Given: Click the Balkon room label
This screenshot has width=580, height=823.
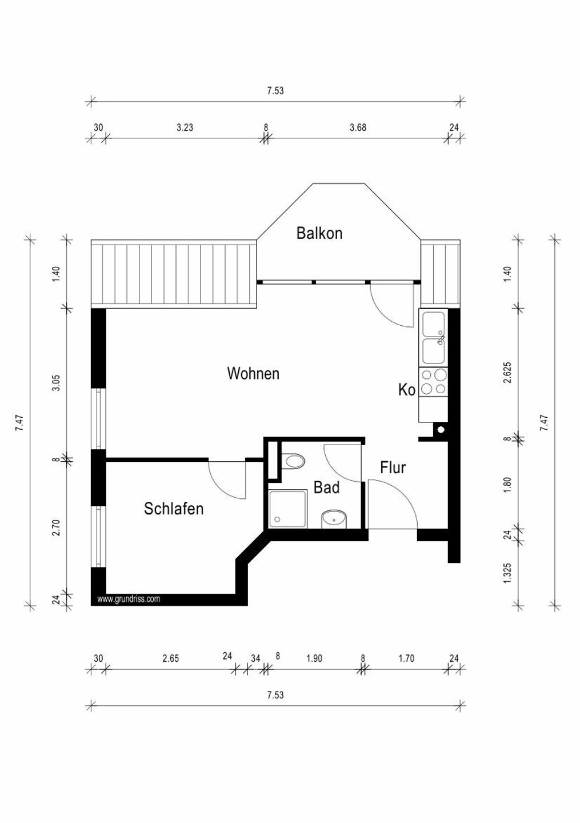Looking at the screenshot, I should (x=319, y=233).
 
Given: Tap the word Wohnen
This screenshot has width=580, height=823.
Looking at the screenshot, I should (x=253, y=374).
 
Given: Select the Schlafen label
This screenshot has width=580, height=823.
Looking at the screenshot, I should (x=174, y=509).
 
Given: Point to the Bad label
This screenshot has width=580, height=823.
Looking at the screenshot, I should (x=327, y=488).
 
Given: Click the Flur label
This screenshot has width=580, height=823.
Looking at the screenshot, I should (x=393, y=468).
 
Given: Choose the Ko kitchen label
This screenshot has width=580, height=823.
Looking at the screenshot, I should (x=406, y=390).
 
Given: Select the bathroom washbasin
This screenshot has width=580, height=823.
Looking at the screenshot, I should (x=334, y=519).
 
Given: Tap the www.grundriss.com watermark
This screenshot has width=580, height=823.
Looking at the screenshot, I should (x=129, y=600).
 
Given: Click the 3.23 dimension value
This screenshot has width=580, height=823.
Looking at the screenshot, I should (x=185, y=127).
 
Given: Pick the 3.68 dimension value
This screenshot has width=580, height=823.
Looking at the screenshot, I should (x=358, y=127).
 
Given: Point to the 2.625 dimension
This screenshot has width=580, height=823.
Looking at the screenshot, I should (x=507, y=372).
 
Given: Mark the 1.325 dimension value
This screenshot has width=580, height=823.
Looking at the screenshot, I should (x=507, y=573).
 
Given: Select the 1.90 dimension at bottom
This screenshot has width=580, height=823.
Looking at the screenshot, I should (x=314, y=658).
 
